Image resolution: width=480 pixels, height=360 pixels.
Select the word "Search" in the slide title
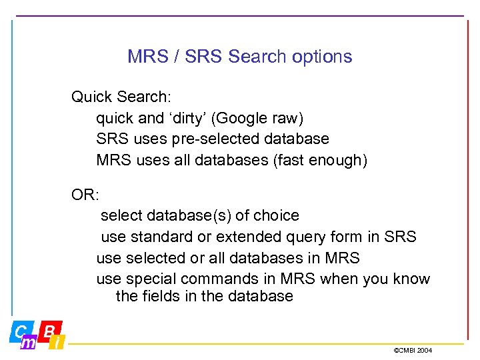[x=256, y=57]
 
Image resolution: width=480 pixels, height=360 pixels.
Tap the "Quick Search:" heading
[x=121, y=97]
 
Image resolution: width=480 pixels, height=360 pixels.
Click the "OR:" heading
[x=85, y=195]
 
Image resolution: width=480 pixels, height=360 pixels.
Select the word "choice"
[x=274, y=215]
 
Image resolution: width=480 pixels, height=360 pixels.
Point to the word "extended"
[x=244, y=237]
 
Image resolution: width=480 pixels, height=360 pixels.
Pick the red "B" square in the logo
[x=50, y=329]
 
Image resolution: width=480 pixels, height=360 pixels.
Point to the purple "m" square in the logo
[x=29, y=342]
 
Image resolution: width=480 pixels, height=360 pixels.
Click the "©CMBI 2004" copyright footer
[x=413, y=350]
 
